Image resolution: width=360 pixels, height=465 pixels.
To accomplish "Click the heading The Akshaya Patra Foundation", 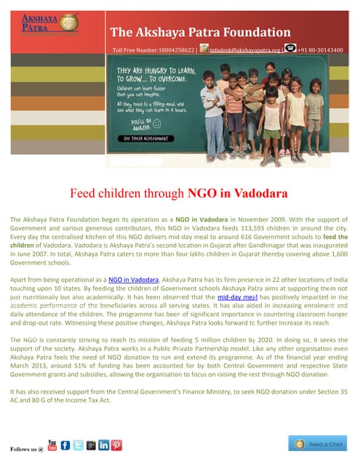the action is pyautogui.click(x=200, y=32).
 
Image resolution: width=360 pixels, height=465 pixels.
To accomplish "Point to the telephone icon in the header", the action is pyautogui.click(x=290, y=49).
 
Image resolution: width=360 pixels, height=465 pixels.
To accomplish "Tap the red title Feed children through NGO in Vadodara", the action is pyautogui.click(x=179, y=194).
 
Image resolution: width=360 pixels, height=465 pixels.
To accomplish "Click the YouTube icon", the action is pyautogui.click(x=52, y=444).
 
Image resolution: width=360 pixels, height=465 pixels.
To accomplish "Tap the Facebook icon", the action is pyautogui.click(x=65, y=445).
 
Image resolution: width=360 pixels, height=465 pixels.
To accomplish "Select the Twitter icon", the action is pyautogui.click(x=79, y=445).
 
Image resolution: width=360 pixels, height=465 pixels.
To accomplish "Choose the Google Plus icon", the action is pyautogui.click(x=91, y=445).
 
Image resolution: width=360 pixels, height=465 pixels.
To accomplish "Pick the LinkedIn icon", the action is pyautogui.click(x=103, y=445).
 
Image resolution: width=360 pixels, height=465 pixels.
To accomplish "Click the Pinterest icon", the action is pyautogui.click(x=116, y=445).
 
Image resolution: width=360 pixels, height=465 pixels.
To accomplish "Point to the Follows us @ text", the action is pyautogui.click(x=26, y=448).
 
